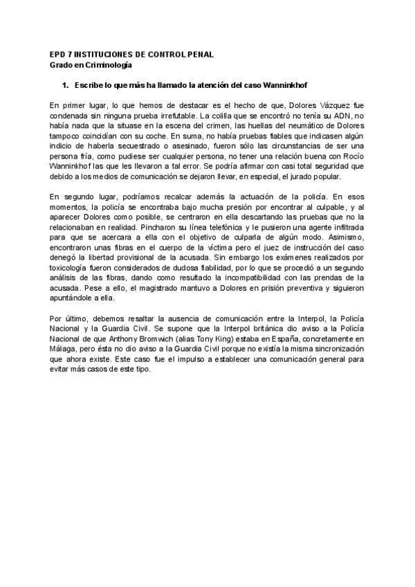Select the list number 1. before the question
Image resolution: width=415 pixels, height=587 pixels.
[66, 84]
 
